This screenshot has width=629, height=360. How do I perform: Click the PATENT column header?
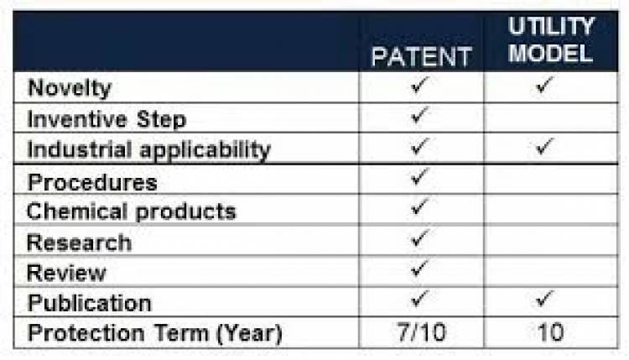421,56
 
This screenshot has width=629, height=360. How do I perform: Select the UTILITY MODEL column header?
551,40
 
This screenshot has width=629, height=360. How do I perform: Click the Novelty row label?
70,88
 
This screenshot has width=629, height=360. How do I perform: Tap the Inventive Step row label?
107,119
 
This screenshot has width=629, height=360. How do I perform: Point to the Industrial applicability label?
148,150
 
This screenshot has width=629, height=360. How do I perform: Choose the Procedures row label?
92,182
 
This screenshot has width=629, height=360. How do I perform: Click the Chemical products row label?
131,211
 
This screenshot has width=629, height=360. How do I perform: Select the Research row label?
79,243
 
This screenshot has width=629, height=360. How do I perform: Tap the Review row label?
66,273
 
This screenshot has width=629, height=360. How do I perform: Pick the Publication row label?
90,303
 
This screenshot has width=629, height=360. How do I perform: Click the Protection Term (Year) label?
155,333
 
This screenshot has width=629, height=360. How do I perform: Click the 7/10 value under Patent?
422,332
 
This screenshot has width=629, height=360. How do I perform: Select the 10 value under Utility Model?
551,332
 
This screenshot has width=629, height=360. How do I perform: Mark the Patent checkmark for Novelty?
419,85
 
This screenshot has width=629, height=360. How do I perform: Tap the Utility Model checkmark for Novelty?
545,85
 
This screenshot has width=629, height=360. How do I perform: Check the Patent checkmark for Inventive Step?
419,115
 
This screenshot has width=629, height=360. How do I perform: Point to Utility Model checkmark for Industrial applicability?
545,147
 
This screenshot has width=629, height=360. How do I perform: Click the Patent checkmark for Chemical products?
419,206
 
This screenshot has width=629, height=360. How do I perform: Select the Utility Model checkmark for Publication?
545,299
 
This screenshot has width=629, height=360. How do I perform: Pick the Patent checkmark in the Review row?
419,269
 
